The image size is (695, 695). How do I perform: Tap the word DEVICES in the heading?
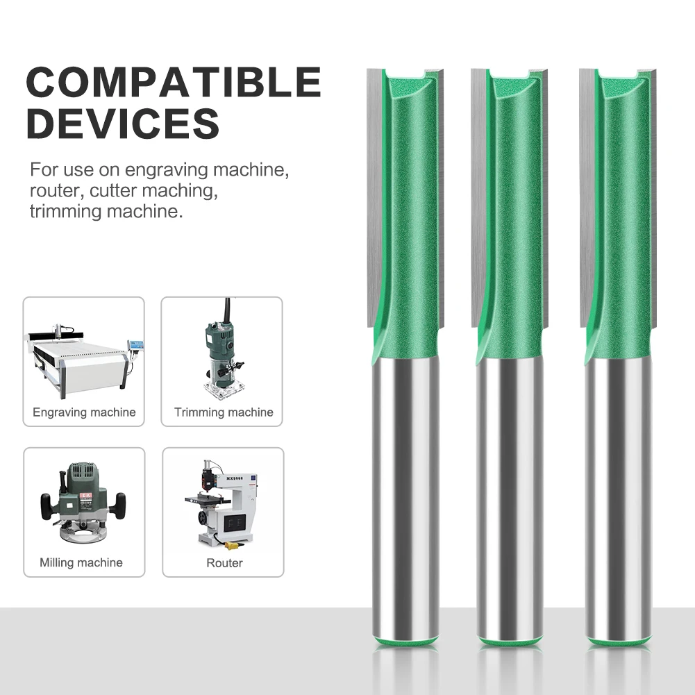click(123, 123)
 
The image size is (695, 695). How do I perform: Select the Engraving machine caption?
click(84, 412)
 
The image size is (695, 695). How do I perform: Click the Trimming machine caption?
click(224, 412)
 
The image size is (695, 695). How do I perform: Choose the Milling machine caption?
click(81, 562)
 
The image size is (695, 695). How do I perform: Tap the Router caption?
click(224, 563)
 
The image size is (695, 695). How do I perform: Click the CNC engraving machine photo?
click(84, 360)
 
